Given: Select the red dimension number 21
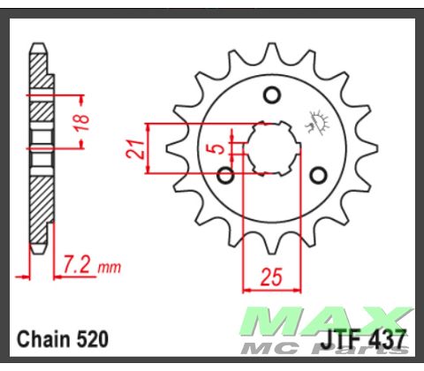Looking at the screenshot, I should pyautogui.click(x=136, y=148).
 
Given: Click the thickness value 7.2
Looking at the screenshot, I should pyautogui.click(x=78, y=264).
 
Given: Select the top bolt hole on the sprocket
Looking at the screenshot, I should pyautogui.click(x=273, y=95).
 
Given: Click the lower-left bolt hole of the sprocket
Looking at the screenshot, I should pyautogui.click(x=225, y=176).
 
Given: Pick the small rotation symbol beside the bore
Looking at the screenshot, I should pyautogui.click(x=315, y=119).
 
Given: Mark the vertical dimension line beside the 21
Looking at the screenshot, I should pyautogui.click(x=148, y=148).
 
